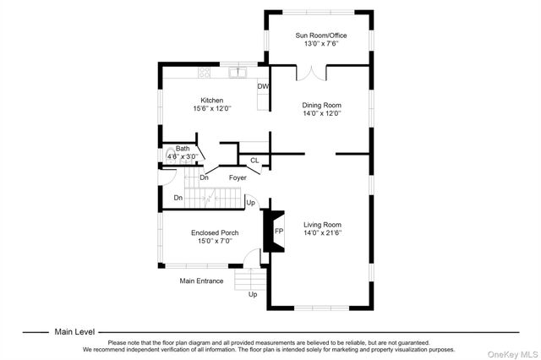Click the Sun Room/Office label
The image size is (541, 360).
click(320, 35)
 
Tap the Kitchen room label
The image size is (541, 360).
click(211, 101)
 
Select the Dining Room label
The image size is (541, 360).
click(320, 106)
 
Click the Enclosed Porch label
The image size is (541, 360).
click(214, 232)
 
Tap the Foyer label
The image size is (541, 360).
click(238, 177)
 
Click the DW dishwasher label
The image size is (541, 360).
click(263, 86)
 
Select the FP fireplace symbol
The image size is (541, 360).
click(278, 232)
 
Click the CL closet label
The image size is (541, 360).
click(254, 160)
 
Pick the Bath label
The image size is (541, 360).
click(183, 148)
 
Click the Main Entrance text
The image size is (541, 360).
click(201, 281)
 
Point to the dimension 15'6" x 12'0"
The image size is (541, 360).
click(211, 109)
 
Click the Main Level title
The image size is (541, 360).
click(74, 332)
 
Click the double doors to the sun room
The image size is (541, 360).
click(314, 74)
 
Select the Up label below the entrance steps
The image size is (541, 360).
click(252, 294)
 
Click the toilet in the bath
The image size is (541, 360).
click(170, 155)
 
